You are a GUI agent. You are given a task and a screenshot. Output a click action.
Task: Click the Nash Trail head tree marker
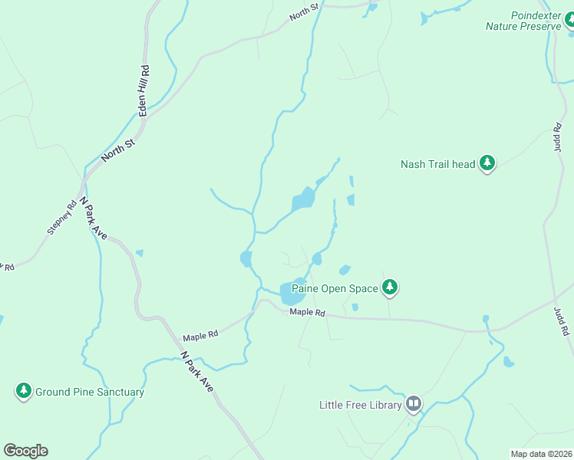[487, 163]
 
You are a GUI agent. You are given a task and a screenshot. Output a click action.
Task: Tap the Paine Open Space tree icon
[391, 287]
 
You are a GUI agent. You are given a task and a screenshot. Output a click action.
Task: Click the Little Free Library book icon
[414, 403]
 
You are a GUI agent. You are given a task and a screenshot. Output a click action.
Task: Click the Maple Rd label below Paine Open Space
[308, 313]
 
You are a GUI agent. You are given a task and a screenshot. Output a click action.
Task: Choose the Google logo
[25, 451]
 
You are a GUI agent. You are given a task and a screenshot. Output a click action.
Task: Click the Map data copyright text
[541, 453]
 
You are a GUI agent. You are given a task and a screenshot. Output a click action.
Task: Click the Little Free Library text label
[361, 404]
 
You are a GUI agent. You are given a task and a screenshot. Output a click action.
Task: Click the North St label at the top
[302, 15]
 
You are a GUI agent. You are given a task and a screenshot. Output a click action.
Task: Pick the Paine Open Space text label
[335, 288]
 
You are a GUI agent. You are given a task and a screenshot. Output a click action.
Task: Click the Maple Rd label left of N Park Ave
[200, 335]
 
